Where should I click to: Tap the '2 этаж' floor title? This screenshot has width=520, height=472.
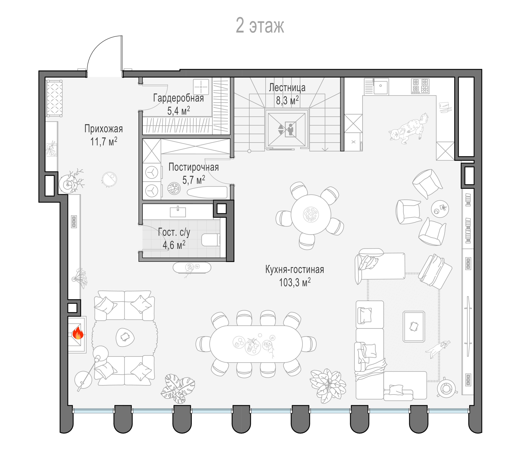click(x=260, y=26)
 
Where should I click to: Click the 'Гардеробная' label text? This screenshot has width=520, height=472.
click(x=178, y=98)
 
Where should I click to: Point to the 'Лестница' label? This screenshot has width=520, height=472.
click(x=287, y=88)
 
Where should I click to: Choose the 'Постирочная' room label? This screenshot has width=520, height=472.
click(x=194, y=167)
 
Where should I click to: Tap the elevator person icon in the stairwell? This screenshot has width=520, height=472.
click(x=290, y=129)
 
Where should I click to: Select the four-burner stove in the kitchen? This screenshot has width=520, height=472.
click(x=420, y=86)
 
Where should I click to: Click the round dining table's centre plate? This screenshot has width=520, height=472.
click(x=311, y=214)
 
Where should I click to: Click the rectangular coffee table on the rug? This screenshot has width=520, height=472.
click(x=414, y=326)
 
